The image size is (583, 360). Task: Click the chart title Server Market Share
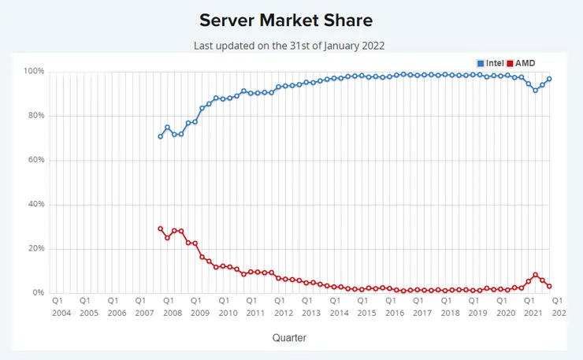tap(285, 19)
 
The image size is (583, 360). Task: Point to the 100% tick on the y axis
tap(33, 72)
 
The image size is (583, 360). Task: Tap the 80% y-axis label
tap(35, 116)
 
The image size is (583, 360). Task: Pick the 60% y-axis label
tap(35, 160)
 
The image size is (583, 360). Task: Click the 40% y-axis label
tap(35, 204)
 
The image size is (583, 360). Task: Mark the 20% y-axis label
tap(35, 248)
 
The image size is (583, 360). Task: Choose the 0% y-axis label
tap(37, 292)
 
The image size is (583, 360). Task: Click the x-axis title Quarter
tap(289, 337)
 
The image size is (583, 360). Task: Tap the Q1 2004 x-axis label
tap(58, 306)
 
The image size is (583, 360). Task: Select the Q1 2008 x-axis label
tap(168, 306)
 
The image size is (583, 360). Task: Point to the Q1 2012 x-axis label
tap(279, 306)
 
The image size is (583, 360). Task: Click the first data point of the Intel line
tap(160, 136)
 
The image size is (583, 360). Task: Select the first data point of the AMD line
tap(160, 228)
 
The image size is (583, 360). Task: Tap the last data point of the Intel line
tap(549, 79)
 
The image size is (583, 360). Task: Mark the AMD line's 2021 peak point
tap(536, 275)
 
